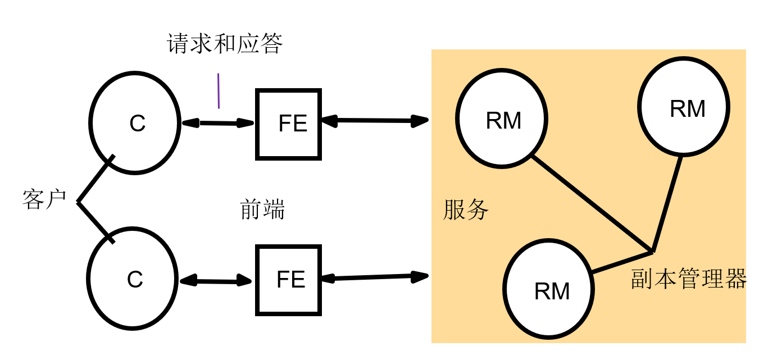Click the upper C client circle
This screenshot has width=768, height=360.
coord(134,122)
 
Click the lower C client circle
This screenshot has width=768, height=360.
coord(133,278)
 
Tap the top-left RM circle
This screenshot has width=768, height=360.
coord(502,119)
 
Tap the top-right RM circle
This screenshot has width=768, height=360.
coord(684,106)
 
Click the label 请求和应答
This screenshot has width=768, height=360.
coord(225,44)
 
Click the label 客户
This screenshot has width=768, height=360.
coord(44,199)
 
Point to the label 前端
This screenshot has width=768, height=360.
coord(262,209)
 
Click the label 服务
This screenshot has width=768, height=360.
coord(466,210)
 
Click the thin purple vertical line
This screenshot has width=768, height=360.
coord(219,90)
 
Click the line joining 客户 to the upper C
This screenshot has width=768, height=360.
coord(96,179)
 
